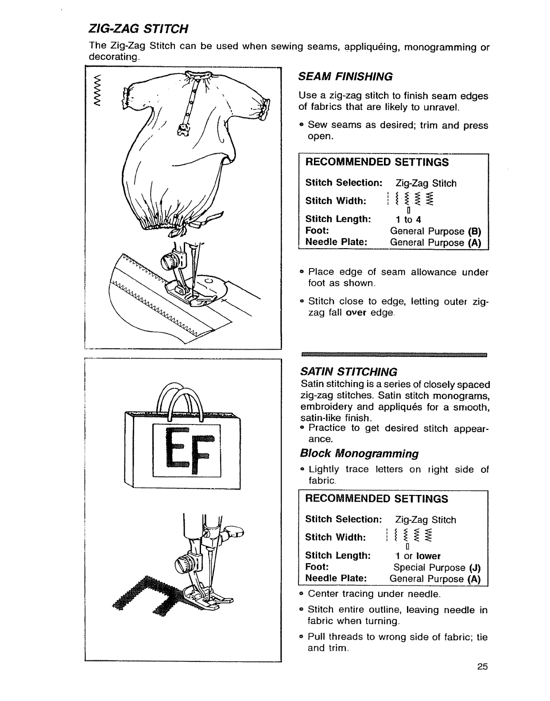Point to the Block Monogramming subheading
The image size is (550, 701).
pos(359,454)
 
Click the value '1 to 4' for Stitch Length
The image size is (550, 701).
pos(408,220)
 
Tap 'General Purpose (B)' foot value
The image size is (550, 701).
pos(435,231)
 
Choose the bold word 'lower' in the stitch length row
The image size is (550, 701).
pos(428,556)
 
